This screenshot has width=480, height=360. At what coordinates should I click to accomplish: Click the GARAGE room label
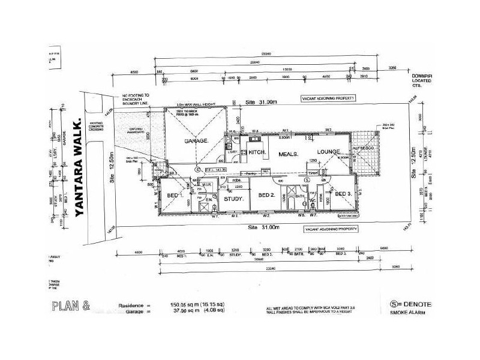196,140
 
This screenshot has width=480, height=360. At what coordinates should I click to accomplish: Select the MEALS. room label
289,154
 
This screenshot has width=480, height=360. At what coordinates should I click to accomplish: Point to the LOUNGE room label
326,151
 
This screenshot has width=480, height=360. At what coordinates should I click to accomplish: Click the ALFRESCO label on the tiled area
363,149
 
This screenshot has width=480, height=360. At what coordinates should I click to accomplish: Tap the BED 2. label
266,196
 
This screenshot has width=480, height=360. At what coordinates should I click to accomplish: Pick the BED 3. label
343,194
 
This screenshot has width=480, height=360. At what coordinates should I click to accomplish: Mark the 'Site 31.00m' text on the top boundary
262,103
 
